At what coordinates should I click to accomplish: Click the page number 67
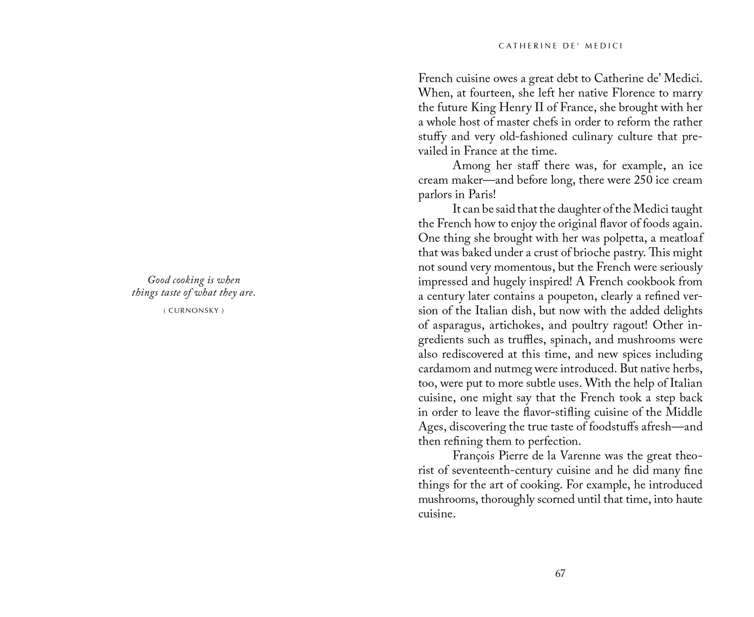(560, 573)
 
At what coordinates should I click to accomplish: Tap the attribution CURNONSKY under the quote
(193, 311)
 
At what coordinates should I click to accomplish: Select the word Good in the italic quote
(159, 280)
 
